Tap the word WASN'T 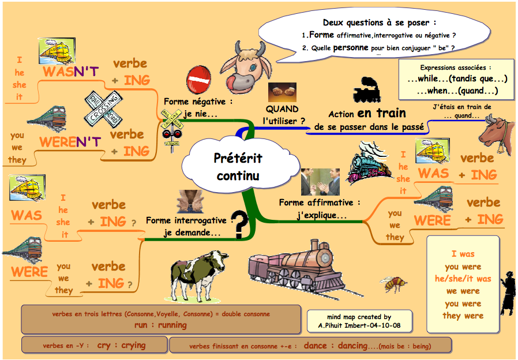[71, 72]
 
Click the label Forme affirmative [319, 202]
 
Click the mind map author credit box [358, 321]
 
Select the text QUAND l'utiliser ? [282, 115]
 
